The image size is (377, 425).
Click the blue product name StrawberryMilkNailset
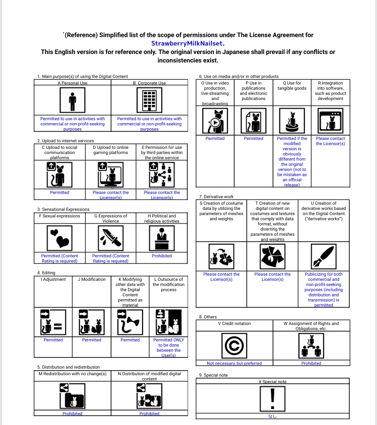[x=188, y=43]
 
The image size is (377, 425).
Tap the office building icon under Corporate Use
[x=149, y=100]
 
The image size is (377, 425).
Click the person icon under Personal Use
[x=72, y=100]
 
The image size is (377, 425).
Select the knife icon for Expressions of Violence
[x=111, y=239]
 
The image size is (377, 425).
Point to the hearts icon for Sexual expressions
[x=60, y=239]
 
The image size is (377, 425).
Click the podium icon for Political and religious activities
[x=162, y=239]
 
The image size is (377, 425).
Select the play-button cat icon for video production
[x=215, y=121]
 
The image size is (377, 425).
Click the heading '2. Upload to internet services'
[x=66, y=141]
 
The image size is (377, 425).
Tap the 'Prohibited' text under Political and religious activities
[x=162, y=256]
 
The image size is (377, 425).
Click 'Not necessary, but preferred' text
[x=234, y=363]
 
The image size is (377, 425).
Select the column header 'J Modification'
[x=91, y=279]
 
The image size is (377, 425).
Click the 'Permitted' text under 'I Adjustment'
[x=53, y=340]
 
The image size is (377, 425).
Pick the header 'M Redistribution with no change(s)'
[x=72, y=374]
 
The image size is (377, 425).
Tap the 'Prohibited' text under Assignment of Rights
[x=311, y=363]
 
